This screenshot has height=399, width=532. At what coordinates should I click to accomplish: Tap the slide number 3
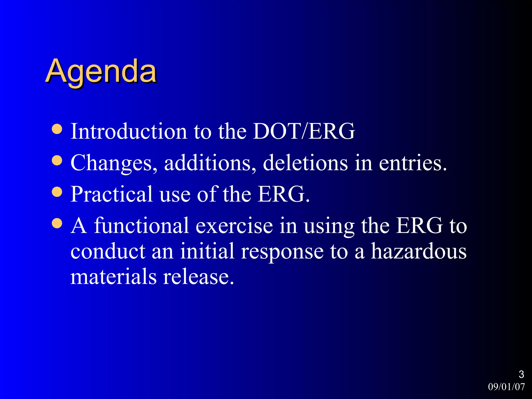521,374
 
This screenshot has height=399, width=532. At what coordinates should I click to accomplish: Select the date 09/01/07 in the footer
506,387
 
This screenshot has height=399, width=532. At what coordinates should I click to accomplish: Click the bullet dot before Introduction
57,129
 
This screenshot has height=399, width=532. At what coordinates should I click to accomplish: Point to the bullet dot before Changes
57,160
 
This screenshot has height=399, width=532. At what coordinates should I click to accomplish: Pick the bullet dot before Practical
57,192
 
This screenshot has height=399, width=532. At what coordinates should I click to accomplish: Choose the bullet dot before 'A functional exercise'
57,223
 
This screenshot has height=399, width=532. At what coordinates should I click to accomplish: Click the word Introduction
129,131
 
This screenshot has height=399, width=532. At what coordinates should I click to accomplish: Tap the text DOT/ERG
304,131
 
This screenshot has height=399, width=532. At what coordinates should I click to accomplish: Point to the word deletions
305,163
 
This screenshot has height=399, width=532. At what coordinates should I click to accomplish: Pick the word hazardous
418,251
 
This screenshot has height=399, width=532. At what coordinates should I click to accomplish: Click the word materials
114,277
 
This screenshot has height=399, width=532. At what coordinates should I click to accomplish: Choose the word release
198,277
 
